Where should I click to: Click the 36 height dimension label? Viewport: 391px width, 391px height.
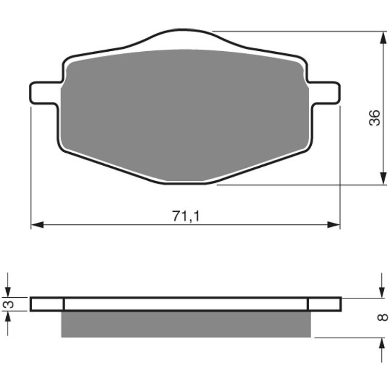click(374, 118)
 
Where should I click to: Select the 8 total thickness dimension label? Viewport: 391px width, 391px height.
click(383, 317)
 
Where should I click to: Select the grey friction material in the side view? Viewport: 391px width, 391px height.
click(186, 325)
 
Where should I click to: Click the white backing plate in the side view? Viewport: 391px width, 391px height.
click(186, 304)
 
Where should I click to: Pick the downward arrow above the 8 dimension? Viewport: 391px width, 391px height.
click(383, 292)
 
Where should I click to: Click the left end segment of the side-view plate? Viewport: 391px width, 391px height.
click(47, 304)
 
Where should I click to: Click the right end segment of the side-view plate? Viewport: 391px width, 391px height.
click(325, 304)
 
